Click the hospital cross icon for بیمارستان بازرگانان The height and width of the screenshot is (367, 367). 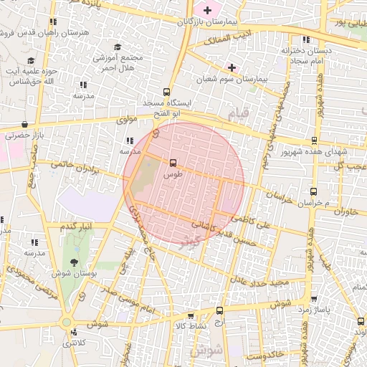208,10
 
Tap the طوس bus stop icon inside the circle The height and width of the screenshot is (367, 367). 172,163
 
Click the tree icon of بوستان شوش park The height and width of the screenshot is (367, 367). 74,262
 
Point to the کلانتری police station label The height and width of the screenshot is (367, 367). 72,343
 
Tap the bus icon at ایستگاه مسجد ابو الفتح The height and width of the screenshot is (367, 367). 166,92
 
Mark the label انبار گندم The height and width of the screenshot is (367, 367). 77,228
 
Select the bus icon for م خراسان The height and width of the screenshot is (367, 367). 313,191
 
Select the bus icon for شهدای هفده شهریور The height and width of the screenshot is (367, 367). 313,141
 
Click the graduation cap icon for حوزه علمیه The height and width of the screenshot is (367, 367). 30,62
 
